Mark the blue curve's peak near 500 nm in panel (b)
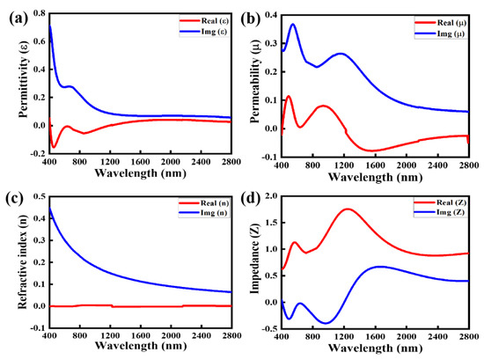coord(293,25)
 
